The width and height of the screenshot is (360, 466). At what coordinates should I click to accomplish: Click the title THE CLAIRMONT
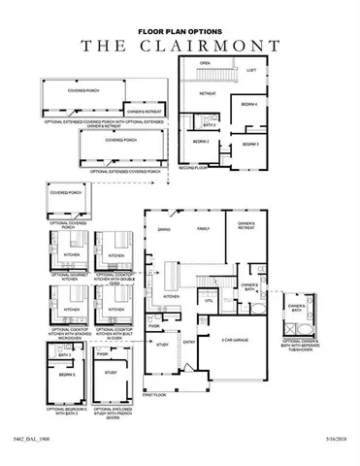click(180, 45)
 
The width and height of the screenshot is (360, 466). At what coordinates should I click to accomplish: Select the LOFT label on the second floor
click(250, 70)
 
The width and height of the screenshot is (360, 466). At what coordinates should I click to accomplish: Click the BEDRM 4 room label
click(248, 105)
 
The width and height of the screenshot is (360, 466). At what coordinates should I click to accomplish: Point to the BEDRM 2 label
click(201, 143)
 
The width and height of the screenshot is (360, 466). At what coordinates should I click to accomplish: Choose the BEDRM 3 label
click(249, 144)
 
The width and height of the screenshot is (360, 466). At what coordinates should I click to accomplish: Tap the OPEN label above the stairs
click(205, 63)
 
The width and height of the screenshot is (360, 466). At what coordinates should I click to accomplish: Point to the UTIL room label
click(208, 301)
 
